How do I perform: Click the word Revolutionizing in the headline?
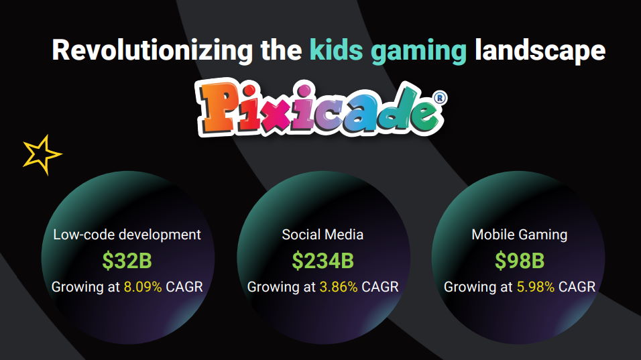(x=152, y=51)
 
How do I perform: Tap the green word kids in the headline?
(x=336, y=50)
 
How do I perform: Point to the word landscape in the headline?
(x=540, y=51)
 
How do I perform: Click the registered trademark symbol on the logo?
(x=439, y=98)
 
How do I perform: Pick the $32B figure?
(x=127, y=260)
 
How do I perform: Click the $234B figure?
(x=323, y=260)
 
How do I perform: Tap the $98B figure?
(x=519, y=260)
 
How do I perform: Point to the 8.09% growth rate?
(x=143, y=287)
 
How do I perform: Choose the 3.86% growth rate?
(x=339, y=287)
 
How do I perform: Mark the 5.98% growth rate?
(x=536, y=287)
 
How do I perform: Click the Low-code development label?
(x=127, y=235)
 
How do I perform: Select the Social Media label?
(x=323, y=235)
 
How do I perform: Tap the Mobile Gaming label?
(x=519, y=235)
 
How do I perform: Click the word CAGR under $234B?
(x=380, y=287)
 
